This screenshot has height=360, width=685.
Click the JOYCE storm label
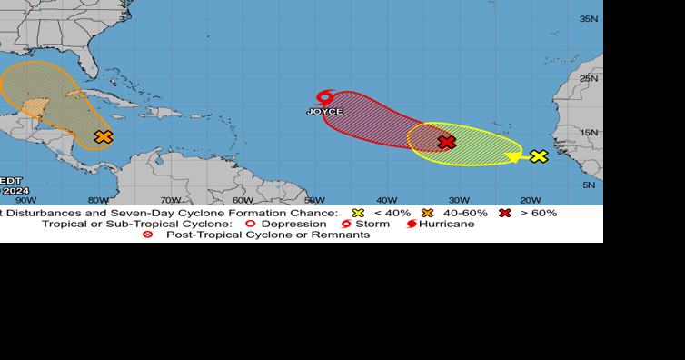[x=325, y=112]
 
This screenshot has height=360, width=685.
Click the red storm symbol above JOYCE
[x=324, y=96]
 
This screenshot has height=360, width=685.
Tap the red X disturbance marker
[x=446, y=142]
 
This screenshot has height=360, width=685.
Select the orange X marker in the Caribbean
[x=104, y=137]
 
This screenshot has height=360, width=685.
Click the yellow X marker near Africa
[x=539, y=156]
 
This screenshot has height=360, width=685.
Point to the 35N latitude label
[x=589, y=19]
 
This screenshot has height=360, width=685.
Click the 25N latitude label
[x=589, y=78]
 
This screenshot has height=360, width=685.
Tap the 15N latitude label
[x=589, y=133]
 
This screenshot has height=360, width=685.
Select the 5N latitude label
[x=589, y=185]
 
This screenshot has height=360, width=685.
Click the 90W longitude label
[x=25, y=200]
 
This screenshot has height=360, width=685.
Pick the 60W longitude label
[x=243, y=200]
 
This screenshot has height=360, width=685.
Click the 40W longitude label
[x=387, y=200]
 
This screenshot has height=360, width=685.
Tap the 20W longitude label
[x=531, y=200]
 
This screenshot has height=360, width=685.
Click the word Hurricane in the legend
[x=447, y=224]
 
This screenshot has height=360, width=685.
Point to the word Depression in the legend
[x=294, y=224]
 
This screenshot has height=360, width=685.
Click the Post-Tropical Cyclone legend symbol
[x=149, y=235]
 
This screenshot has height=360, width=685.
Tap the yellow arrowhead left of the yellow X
[x=515, y=157]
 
